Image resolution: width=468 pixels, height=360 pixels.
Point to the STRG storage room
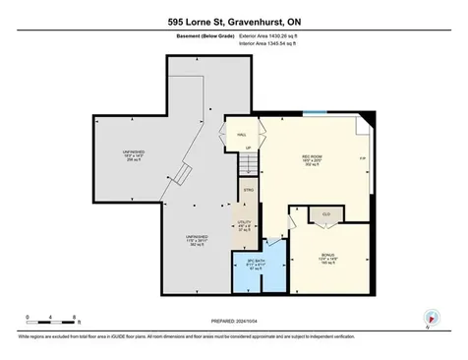[x=249, y=189]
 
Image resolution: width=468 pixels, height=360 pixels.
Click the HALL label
[x=240, y=136]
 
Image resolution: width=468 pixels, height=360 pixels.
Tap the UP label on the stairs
[x=249, y=149]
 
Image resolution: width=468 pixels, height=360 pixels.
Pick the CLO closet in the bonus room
[x=324, y=212]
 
